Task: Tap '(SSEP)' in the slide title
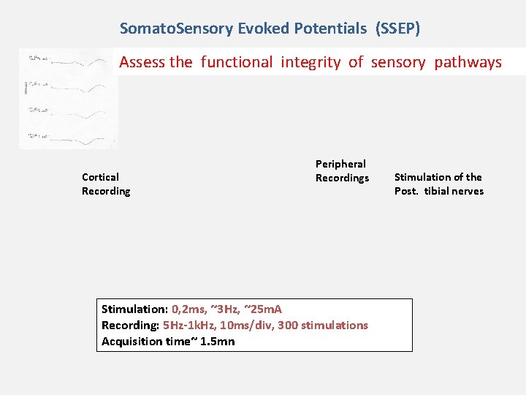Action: click(x=397, y=29)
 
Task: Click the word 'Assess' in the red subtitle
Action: click(x=143, y=62)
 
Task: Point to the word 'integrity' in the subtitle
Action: click(x=310, y=62)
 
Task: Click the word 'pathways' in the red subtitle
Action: click(x=468, y=62)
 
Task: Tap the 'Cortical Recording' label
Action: click(x=106, y=184)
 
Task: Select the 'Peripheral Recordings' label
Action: click(x=342, y=171)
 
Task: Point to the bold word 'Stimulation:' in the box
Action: click(x=134, y=309)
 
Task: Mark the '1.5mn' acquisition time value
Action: click(x=217, y=342)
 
